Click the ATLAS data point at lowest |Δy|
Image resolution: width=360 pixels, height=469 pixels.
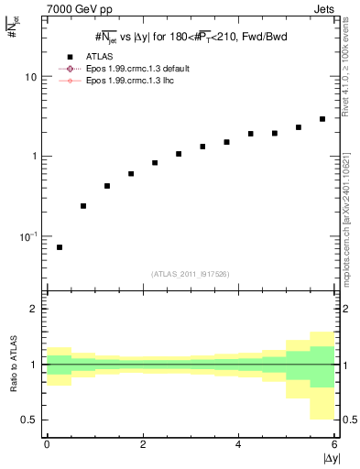(60, 247)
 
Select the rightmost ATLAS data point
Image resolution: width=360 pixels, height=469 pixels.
(322, 119)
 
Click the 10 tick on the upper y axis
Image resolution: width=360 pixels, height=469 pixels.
(30, 77)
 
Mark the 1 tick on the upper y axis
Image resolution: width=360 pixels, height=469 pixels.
(34, 156)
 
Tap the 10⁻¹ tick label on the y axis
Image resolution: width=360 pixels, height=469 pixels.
(28, 235)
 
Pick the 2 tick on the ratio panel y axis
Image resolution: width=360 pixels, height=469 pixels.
(34, 309)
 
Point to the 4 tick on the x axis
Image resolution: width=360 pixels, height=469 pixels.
(238, 444)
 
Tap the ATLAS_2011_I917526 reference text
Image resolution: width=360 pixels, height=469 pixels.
(191, 274)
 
